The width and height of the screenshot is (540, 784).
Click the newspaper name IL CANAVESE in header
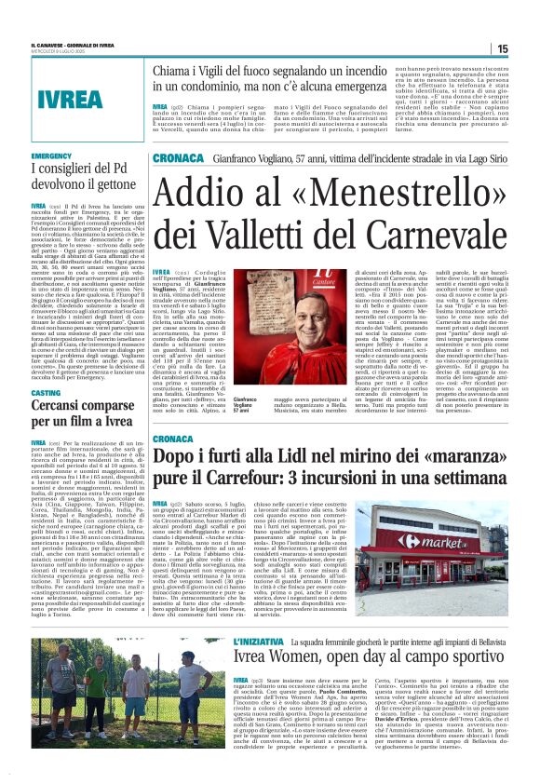click(x=51, y=45)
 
